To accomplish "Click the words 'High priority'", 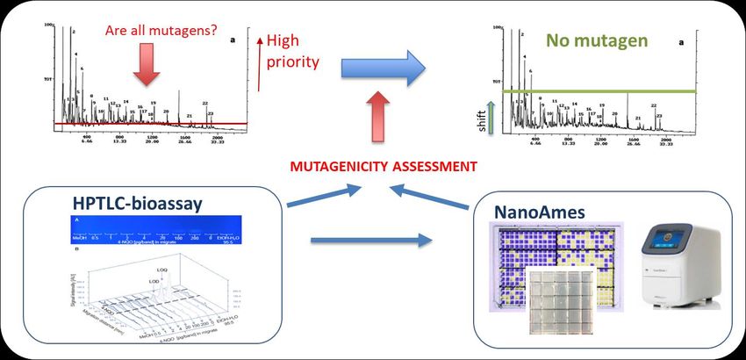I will [x=292, y=51].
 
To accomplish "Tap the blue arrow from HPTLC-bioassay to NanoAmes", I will [x=373, y=238].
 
